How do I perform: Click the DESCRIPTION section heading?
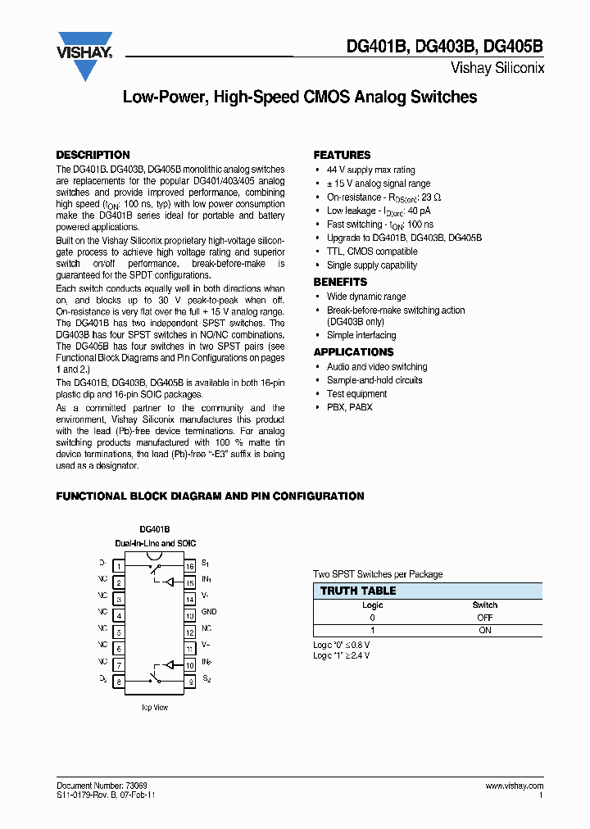[x=93, y=155]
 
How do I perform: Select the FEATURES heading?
[x=342, y=155]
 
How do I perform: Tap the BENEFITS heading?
[x=340, y=282]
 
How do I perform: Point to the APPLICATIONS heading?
[x=353, y=351]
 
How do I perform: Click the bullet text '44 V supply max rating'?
[x=370, y=170]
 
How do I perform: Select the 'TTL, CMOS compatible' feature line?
[x=372, y=251]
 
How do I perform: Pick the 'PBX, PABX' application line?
[x=349, y=407]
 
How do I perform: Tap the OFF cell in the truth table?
[x=484, y=618]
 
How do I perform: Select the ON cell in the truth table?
[x=484, y=630]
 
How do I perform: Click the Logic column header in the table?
[x=373, y=605]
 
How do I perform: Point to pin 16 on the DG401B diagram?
[x=189, y=566]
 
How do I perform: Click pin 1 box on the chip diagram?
[x=119, y=566]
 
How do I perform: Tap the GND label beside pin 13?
[x=209, y=612]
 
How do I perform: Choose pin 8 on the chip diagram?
[x=119, y=681]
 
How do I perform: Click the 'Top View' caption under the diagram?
[x=154, y=708]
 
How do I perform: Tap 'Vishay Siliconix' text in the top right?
[x=497, y=68]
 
